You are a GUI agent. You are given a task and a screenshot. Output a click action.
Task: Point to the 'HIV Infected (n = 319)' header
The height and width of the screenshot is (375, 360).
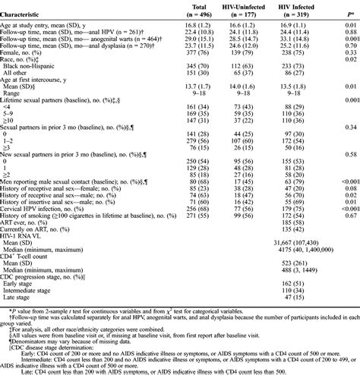click(311, 9)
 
